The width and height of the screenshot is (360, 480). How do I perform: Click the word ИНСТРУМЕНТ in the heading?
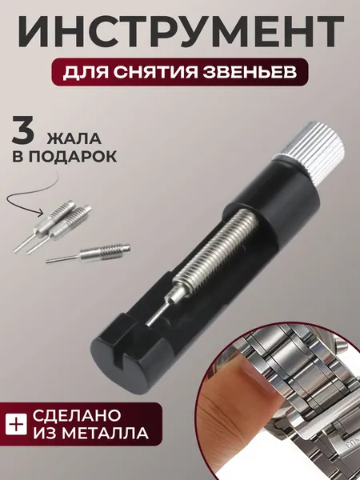(181, 31)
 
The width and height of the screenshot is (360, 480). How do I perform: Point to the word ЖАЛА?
(74, 138)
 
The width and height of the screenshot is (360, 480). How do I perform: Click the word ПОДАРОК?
(73, 157)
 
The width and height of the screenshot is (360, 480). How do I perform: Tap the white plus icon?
(16, 424)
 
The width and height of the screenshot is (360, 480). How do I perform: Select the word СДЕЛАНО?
(77, 415)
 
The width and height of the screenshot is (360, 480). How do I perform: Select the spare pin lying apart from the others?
(88, 254)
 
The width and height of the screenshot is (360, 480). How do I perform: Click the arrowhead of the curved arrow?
(40, 212)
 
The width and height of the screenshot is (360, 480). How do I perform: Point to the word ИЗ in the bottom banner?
(43, 433)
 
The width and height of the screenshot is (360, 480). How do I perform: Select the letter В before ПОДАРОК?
(18, 157)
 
